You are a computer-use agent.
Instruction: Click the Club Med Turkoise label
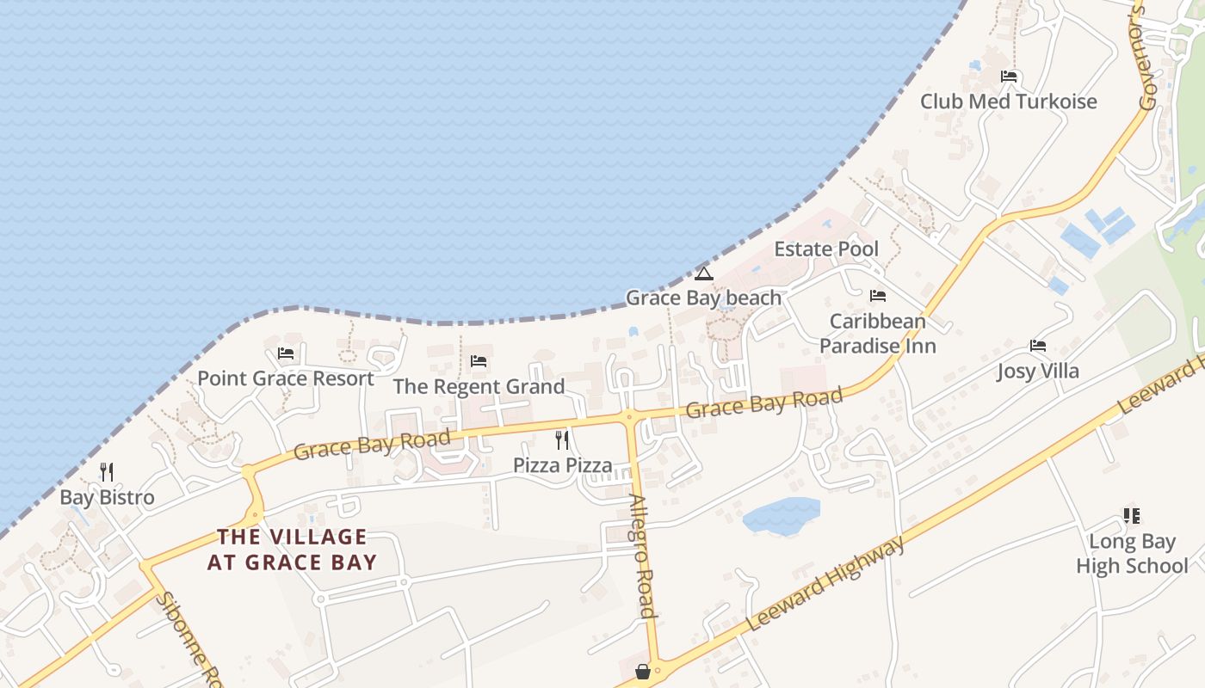pos(1008,101)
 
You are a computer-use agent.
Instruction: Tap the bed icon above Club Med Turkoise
pos(1009,77)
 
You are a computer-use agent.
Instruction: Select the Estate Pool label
pos(826,249)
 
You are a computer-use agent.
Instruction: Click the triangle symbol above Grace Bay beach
pos(704,274)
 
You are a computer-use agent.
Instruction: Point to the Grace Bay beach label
pos(703,298)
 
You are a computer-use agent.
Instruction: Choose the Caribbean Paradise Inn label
pos(877,333)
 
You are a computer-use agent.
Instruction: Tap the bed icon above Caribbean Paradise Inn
pos(877,296)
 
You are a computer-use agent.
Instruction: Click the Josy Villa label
pos(1037,372)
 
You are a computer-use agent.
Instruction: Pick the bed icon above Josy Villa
pos(1038,347)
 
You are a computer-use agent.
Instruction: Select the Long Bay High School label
pos(1132,554)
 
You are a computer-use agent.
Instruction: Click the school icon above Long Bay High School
pos(1132,516)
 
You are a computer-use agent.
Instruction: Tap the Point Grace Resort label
pos(286,378)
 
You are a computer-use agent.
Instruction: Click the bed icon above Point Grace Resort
pos(286,353)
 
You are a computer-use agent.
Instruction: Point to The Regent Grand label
pos(479,387)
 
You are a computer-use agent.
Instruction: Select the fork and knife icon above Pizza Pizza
pos(562,440)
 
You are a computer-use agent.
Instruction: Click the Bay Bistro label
pos(107,497)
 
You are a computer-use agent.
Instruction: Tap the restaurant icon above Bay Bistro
pos(107,471)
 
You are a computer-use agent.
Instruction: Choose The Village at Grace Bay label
pos(292,550)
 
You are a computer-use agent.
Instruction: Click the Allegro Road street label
pos(643,556)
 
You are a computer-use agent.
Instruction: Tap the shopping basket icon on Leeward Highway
pos(643,672)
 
